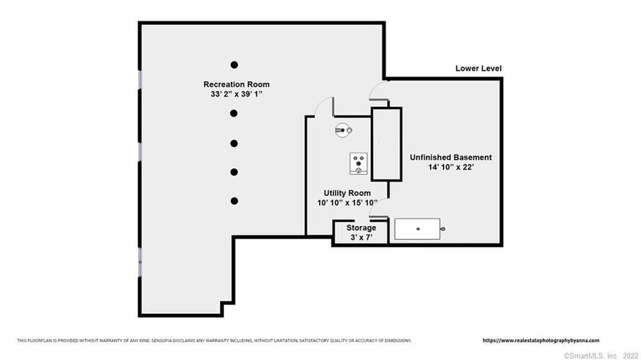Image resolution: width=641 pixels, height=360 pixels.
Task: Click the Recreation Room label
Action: pos(236,84)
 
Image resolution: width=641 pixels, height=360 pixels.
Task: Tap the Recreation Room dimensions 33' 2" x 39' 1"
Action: pos(236,94)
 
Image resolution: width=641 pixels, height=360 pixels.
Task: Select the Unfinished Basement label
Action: pos(451,157)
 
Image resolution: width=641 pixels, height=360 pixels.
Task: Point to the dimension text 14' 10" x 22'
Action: pos(451,167)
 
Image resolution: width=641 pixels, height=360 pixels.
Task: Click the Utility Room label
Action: pos(347,193)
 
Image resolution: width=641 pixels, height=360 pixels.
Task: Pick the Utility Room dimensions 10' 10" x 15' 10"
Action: pos(347,203)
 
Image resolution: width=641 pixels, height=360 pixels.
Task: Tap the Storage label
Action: pos(361,228)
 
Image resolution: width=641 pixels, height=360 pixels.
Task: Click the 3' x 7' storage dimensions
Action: pos(361,237)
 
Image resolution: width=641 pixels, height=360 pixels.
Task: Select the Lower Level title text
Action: pos(478,68)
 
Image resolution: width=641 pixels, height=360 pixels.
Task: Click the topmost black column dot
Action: pos(234,65)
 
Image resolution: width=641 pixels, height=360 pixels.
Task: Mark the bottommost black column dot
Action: pos(234,201)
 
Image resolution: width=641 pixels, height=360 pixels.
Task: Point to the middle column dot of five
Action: pos(234,143)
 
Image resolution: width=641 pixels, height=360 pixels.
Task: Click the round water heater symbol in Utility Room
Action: pos(343,130)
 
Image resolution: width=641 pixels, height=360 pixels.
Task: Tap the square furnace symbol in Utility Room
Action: pos(358,163)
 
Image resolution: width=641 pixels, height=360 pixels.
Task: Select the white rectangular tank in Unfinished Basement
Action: pos(418,229)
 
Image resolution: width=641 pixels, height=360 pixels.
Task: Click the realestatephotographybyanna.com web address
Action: pos(541,341)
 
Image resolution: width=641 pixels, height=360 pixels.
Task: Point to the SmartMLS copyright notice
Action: pos(600,356)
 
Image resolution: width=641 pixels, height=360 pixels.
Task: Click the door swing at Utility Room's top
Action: pos(325,107)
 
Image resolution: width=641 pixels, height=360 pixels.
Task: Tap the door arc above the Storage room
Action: pos(378,208)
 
